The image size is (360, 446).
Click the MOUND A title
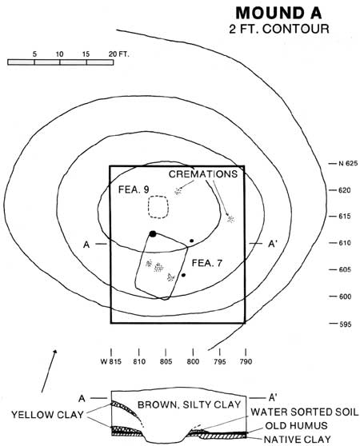(278, 13)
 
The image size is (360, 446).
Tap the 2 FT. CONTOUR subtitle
(279, 29)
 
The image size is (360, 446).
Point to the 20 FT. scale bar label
(118, 54)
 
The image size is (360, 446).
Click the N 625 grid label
(348, 164)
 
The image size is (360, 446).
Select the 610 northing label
(344, 243)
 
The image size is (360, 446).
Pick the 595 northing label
(346, 324)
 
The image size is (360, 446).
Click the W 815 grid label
(111, 361)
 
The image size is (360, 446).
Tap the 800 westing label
(193, 361)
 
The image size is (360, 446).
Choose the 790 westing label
(246, 361)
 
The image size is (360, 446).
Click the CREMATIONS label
(203, 173)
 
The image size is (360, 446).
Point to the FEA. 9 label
(134, 189)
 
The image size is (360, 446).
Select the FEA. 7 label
(207, 263)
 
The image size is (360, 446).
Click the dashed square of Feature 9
(158, 197)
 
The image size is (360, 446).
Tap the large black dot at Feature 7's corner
(153, 234)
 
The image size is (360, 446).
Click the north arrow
(49, 371)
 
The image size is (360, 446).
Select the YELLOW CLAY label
(47, 414)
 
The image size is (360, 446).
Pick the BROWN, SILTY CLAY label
(190, 404)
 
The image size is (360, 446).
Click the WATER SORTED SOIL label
(304, 412)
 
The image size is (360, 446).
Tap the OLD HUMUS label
(296, 425)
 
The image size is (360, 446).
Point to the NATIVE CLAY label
(298, 439)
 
